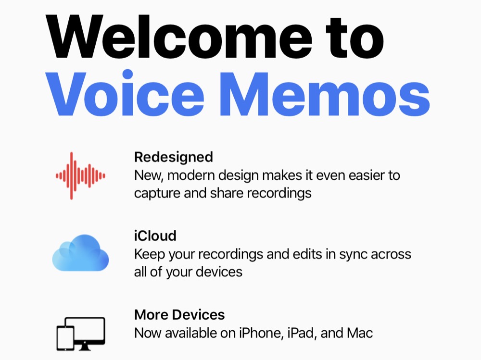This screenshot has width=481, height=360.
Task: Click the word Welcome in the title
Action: coord(179,37)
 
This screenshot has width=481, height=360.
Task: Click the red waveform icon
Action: coord(80,176)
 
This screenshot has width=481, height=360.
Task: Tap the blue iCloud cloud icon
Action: coord(80,253)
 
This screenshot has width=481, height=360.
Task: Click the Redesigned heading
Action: coord(173,157)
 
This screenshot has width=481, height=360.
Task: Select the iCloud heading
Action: coord(155,236)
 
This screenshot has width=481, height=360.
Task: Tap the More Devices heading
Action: coord(179,315)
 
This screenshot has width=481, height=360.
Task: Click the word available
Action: coord(193,333)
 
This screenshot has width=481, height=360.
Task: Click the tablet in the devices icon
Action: coord(65,338)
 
